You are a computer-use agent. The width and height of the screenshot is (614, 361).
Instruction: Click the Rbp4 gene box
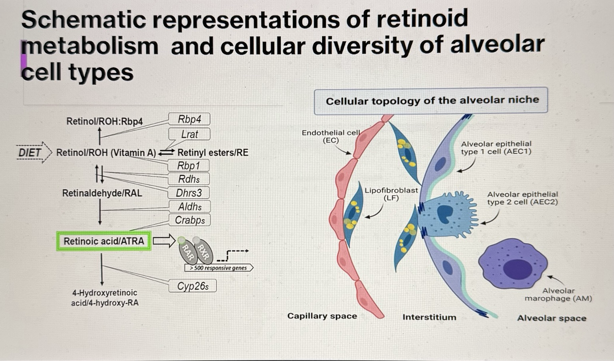click(189, 119)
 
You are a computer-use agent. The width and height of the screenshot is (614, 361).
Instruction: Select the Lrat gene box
click(189, 134)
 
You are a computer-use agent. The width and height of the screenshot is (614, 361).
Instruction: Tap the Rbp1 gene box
click(189, 165)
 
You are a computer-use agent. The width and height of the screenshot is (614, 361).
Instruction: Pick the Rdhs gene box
click(189, 179)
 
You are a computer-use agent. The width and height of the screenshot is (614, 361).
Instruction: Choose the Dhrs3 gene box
click(189, 193)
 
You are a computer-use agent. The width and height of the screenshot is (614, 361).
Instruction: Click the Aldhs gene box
click(189, 206)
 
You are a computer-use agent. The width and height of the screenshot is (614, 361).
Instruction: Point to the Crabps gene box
click(189, 220)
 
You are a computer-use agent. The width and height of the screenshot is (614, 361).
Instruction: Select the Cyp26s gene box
click(193, 286)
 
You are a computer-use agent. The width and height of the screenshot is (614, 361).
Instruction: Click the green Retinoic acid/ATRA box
click(104, 241)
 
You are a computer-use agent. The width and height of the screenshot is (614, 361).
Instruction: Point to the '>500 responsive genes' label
click(218, 268)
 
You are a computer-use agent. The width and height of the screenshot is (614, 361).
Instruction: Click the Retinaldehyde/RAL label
click(102, 193)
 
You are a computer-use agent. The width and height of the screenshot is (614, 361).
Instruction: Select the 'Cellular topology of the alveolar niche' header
click(432, 101)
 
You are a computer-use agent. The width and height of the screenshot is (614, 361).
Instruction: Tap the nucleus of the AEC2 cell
click(444, 214)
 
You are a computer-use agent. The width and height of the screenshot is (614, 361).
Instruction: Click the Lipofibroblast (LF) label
click(391, 194)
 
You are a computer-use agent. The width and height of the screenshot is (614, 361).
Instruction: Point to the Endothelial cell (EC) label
click(331, 136)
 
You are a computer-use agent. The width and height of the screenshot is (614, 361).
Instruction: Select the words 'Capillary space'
click(322, 316)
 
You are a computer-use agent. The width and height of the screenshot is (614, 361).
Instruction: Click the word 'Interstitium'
click(429, 317)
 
